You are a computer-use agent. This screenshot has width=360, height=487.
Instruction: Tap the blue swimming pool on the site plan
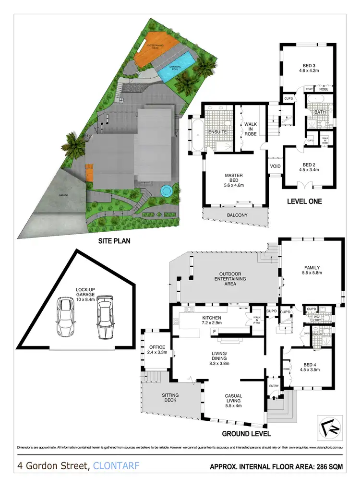(x=177, y=68)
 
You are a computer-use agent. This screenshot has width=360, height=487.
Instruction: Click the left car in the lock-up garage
(x=65, y=317)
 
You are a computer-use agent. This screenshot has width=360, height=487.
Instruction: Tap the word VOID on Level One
(x=276, y=166)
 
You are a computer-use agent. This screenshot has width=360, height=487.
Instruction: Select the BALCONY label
(x=237, y=215)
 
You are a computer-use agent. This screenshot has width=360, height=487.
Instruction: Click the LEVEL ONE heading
(x=304, y=201)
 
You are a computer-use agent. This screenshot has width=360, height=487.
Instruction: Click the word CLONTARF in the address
(x=117, y=465)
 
